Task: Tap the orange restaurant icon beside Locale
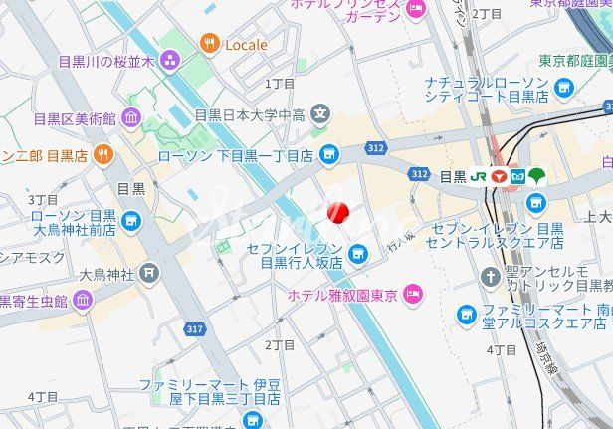coord(209,43)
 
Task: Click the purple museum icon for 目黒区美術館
coord(131,119)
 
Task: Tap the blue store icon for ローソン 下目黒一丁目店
coord(330,155)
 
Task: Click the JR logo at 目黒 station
coord(478,176)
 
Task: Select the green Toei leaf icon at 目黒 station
coord(537,176)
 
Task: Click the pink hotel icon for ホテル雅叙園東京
coord(413,294)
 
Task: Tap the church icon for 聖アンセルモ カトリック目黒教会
coord(490,277)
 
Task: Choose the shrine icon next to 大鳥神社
coord(149,271)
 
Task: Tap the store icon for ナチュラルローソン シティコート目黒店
coord(565,89)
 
